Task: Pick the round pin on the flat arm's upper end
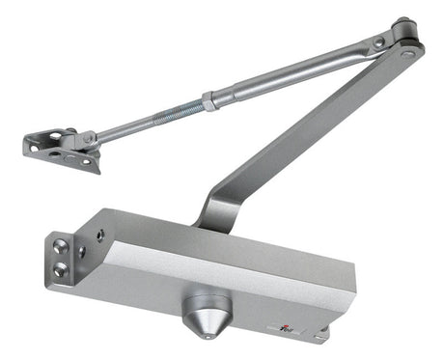[x=410, y=53]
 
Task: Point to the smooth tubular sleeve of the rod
[x=290, y=72]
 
